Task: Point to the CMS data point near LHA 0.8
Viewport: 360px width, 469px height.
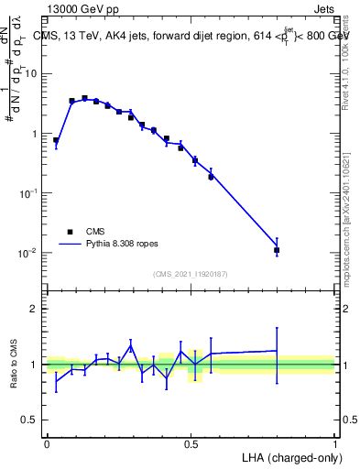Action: [x=277, y=250]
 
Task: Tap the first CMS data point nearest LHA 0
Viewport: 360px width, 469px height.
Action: [x=57, y=140]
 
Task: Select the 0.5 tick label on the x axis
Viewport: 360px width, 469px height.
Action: [x=191, y=443]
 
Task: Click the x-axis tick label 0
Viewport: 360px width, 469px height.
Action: [x=47, y=443]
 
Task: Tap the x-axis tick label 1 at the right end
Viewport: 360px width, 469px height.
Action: [x=334, y=443]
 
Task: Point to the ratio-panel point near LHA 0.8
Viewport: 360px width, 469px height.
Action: [x=277, y=351]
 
